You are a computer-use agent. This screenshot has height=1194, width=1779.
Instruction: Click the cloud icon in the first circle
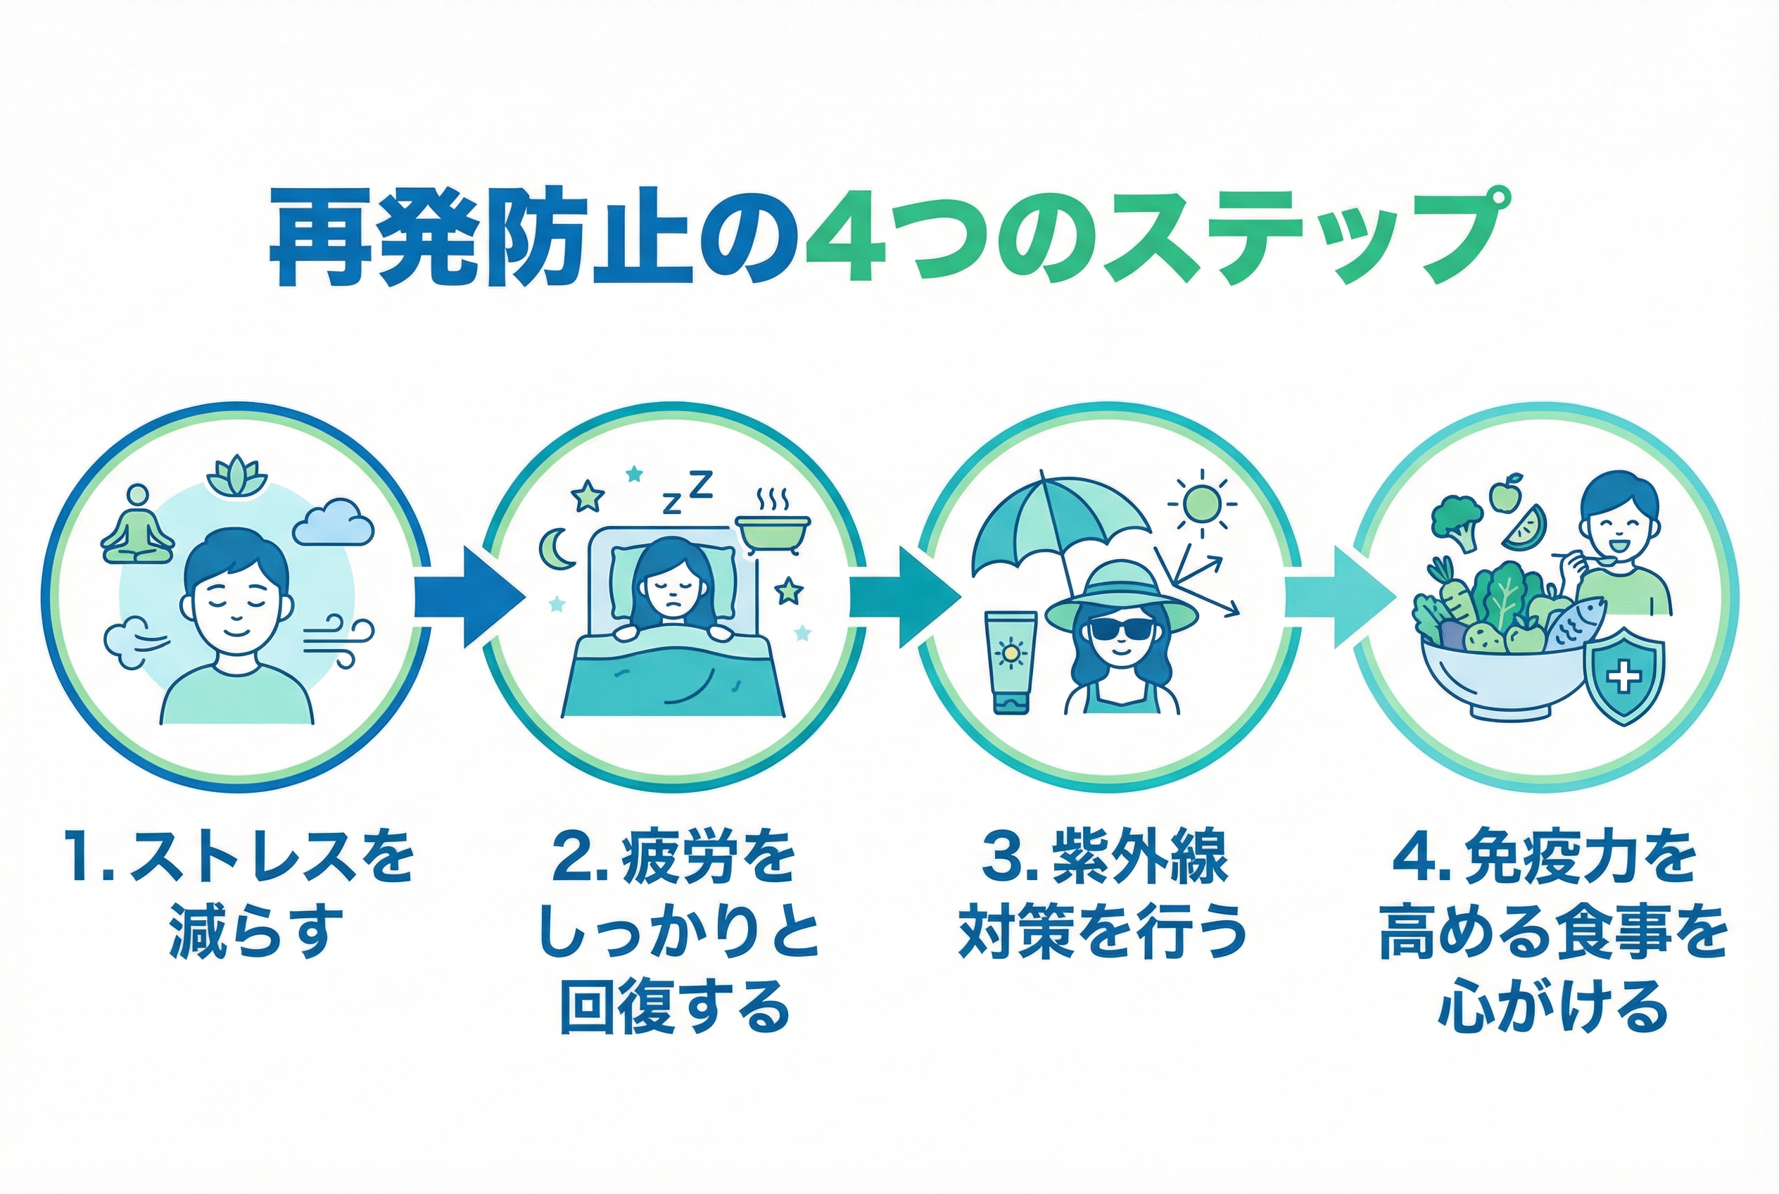[334, 523]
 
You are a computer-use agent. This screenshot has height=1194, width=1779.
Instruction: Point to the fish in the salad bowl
[1574, 624]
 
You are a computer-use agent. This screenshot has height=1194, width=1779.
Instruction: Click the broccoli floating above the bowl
[1456, 520]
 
